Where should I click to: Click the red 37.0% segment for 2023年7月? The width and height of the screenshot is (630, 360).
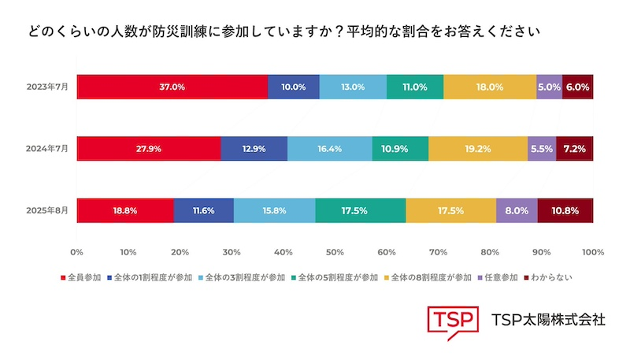coord(172,87)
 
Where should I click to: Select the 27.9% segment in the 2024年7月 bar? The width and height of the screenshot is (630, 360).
coord(148,148)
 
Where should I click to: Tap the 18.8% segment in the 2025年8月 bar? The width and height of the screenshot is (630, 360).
coord(124,210)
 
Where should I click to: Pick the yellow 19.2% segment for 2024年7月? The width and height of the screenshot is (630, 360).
coord(478,148)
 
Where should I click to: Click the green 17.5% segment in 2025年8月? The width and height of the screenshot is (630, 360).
coord(360,210)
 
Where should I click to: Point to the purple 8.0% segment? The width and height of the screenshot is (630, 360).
coord(517,210)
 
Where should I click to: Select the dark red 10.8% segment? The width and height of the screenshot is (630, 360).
coord(565,210)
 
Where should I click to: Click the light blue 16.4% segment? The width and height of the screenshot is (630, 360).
coord(329,148)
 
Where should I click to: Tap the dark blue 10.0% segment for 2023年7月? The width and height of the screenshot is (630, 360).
coord(293,87)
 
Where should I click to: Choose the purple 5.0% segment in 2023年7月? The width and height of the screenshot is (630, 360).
coord(549,87)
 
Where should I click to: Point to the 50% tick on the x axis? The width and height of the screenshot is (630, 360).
coord(335,253)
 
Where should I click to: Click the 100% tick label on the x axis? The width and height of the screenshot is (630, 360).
coord(592,253)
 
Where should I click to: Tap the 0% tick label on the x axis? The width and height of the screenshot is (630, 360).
coord(76,253)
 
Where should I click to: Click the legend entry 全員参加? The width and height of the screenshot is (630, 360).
coord(83,277)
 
